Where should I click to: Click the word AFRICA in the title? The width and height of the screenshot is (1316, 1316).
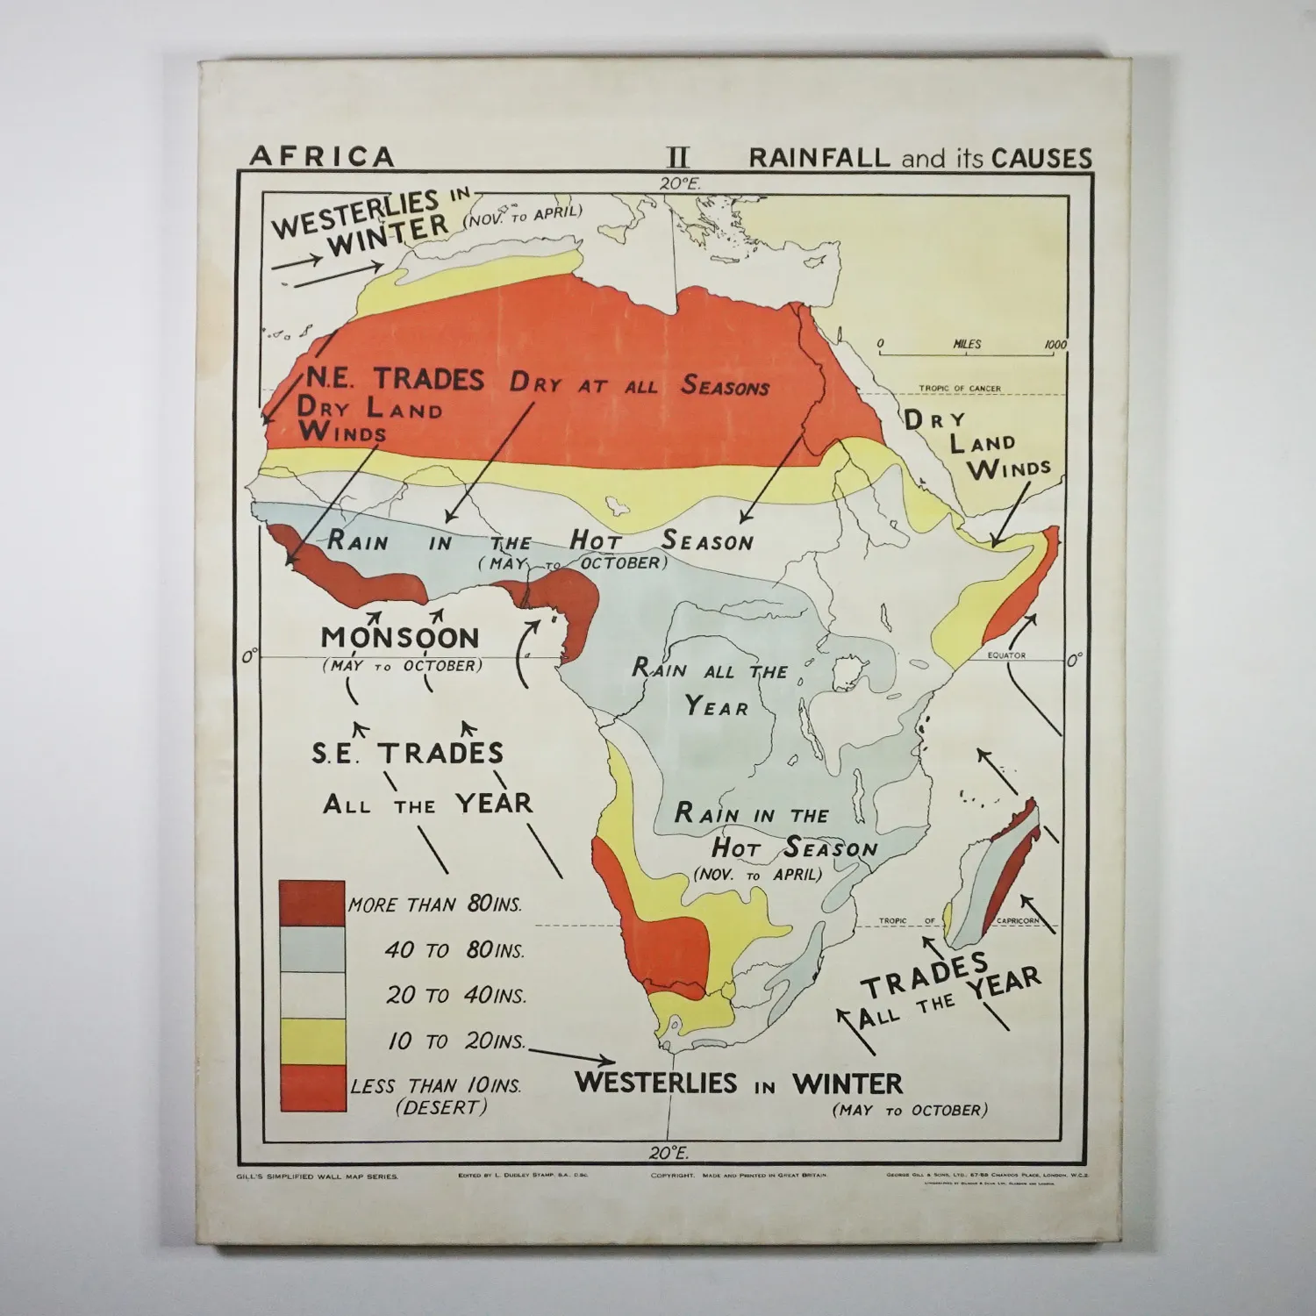(322, 157)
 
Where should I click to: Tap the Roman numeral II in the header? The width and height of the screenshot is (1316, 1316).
(677, 158)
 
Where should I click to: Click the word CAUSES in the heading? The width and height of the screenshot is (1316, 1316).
(1042, 158)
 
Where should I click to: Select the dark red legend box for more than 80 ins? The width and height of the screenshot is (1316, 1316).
(311, 903)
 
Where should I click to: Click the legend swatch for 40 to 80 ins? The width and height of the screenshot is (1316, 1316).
(311, 949)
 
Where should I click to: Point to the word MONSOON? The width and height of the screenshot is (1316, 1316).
(400, 637)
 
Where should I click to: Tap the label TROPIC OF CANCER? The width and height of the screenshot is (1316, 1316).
(960, 388)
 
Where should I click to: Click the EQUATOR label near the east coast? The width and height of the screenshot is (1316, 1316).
(1006, 655)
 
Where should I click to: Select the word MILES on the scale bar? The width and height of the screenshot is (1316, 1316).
(967, 345)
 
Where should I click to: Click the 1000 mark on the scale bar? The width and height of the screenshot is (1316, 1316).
(1055, 345)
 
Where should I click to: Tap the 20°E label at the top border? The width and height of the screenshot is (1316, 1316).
(680, 183)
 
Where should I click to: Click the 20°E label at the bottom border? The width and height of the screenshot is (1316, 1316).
(669, 1153)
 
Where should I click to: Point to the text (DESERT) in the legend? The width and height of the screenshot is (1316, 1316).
(440, 1107)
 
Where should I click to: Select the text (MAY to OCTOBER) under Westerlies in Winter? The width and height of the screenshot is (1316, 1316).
(909, 1110)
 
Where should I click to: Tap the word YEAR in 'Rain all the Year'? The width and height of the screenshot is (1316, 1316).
(717, 706)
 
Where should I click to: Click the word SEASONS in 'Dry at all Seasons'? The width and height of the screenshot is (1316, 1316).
(726, 386)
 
